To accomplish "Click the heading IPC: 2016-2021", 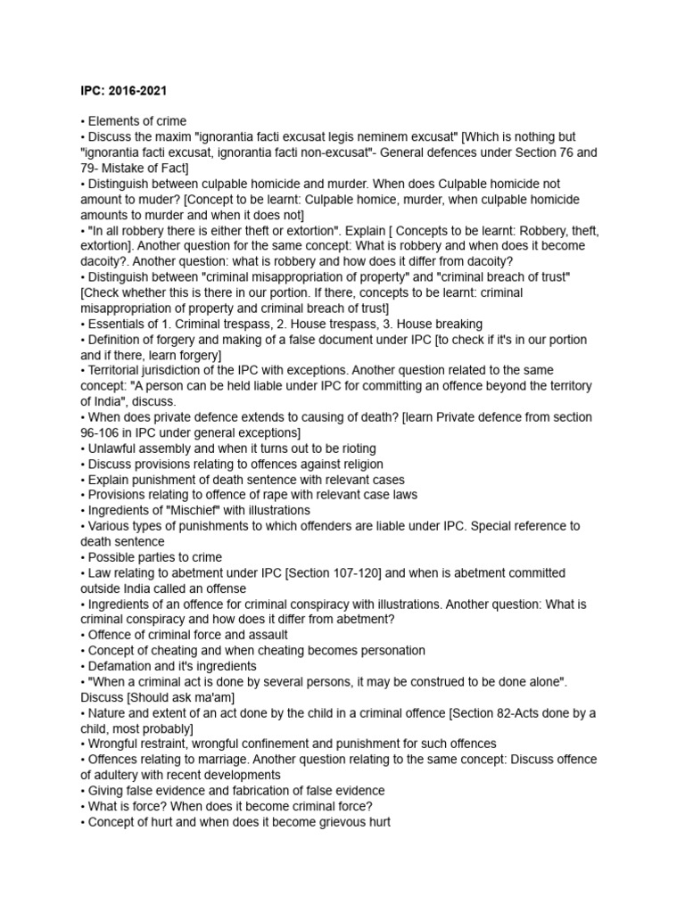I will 119,90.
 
